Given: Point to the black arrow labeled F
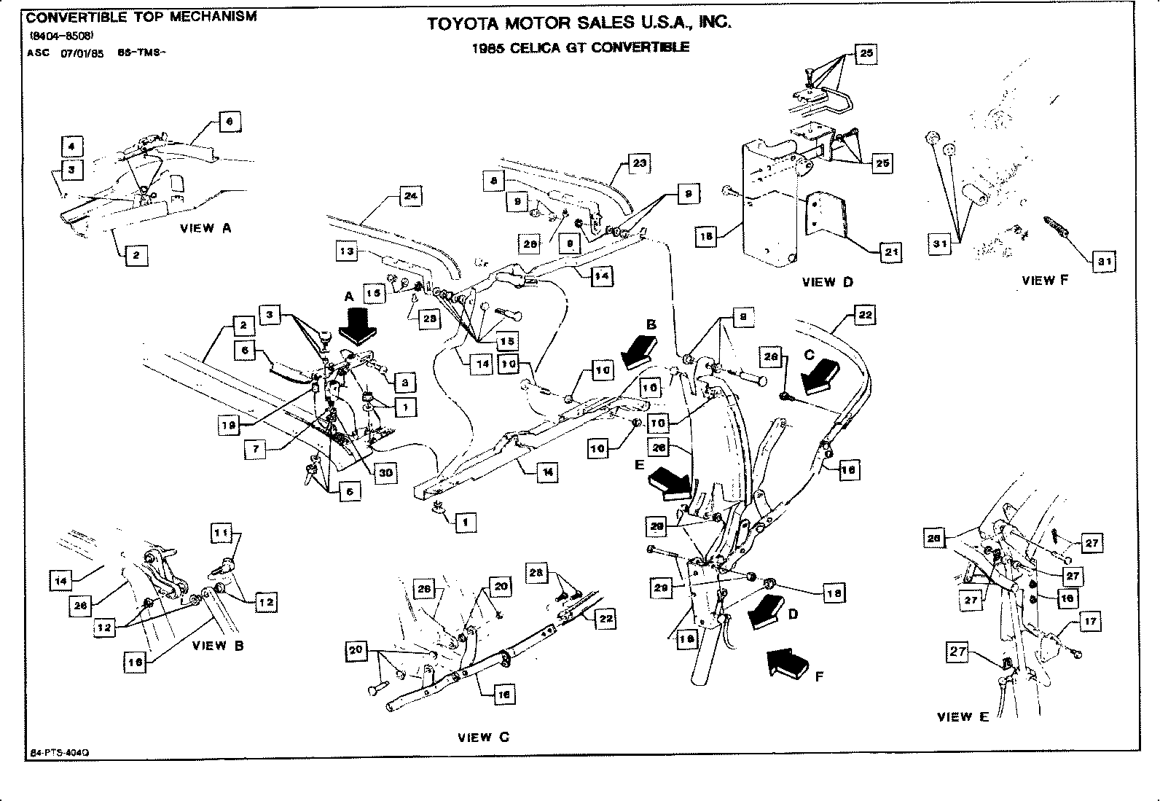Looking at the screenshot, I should coord(789,663).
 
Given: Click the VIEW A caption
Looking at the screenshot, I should coord(205,228).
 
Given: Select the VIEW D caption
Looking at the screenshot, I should coord(827,282).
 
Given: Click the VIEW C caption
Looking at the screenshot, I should coord(483,737).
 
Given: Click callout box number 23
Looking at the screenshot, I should coord(639,163).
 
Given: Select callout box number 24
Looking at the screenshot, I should coord(411,196).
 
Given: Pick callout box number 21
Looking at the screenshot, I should coord(890,253).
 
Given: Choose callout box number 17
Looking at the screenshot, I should coord(1090,622).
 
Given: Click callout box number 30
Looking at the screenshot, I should coord(386,472).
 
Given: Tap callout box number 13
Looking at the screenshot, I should coord(348,251).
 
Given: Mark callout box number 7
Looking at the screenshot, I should coord(256,449).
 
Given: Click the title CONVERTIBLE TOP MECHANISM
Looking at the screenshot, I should coord(141,16).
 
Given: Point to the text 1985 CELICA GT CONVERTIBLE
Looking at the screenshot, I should coord(580,47).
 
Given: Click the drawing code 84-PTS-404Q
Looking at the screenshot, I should coord(60,752).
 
